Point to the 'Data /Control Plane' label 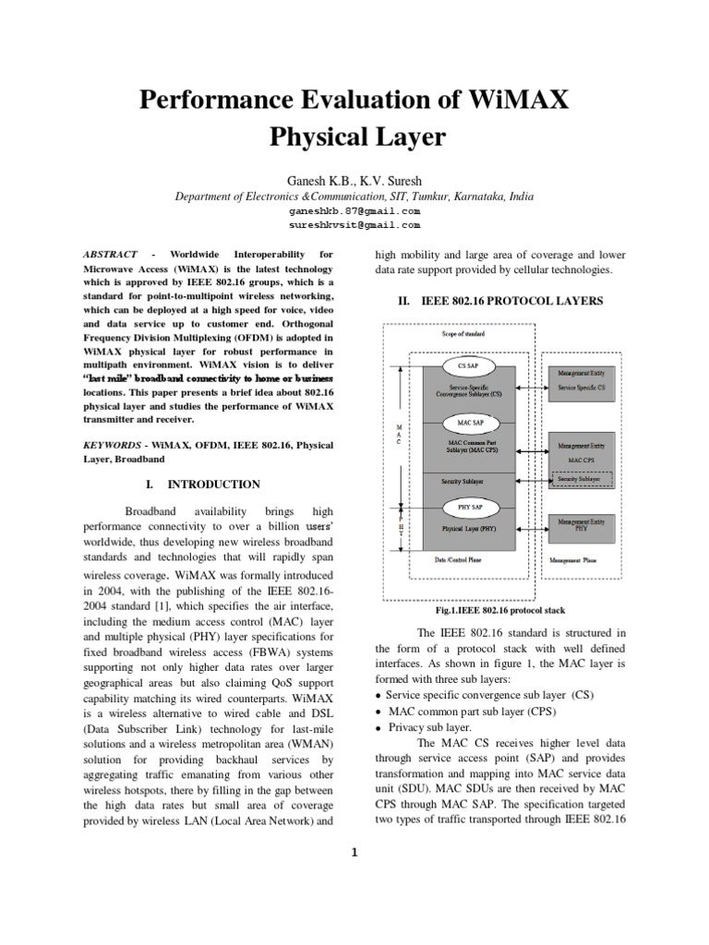pyautogui.click(x=466, y=559)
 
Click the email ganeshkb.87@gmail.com pyautogui.click(x=355, y=210)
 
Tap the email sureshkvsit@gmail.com pyautogui.click(x=355, y=224)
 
